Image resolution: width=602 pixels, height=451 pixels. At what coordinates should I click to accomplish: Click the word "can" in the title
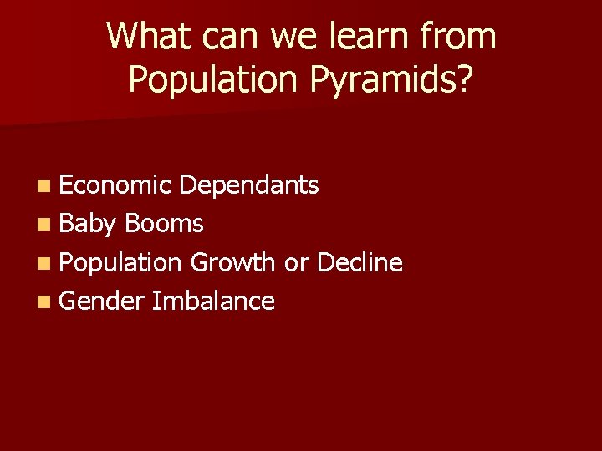coord(222,36)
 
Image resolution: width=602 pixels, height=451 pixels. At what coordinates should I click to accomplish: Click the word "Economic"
coord(115,185)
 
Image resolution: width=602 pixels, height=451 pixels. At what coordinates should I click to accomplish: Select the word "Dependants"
coord(249,185)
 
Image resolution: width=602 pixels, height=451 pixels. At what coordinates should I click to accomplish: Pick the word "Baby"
coord(88,224)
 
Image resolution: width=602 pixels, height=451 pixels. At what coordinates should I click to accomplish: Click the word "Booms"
coord(164,224)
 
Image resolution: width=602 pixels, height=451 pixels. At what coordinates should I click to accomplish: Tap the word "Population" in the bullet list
coord(120,262)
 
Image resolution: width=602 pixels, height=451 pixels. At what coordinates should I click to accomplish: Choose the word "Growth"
coord(232,262)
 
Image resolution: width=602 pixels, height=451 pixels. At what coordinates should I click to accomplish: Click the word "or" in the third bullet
coord(296,262)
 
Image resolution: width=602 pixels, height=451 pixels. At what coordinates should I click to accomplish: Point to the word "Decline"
coord(360,262)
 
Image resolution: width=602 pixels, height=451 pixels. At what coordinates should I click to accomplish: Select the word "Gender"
coord(102,301)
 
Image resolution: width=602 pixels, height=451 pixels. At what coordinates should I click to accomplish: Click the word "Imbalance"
coord(213,301)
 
